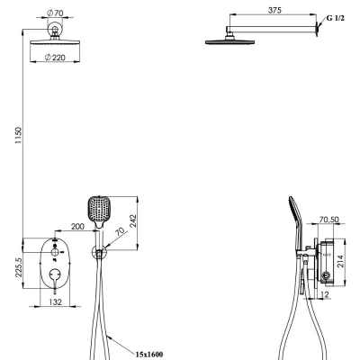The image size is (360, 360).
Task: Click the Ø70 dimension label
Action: (55, 13)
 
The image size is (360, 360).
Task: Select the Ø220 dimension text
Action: (55, 58)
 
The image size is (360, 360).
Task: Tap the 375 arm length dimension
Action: (274, 10)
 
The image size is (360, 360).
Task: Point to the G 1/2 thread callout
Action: (336, 18)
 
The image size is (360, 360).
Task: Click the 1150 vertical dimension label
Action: (19, 135)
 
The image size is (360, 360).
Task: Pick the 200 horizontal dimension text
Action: (77, 227)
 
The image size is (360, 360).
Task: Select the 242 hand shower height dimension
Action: (132, 221)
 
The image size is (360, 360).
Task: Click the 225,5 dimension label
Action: (19, 267)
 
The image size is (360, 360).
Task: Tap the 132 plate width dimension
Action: (55, 301)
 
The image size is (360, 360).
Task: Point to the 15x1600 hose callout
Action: (149, 355)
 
